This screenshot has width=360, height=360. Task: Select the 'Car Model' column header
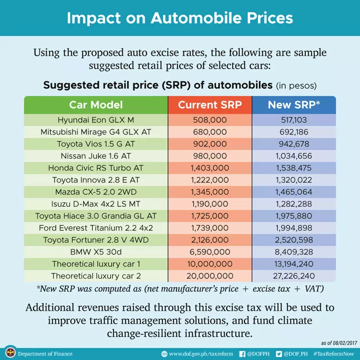click(96, 105)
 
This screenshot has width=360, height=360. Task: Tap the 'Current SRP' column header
click(210, 105)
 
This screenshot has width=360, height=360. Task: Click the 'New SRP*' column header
click(294, 105)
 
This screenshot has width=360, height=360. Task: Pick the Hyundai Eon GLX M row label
click(96, 120)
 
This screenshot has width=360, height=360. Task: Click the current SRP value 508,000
click(210, 120)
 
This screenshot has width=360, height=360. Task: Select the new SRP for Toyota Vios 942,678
click(294, 144)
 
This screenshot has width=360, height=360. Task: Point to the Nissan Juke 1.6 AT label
click(96, 156)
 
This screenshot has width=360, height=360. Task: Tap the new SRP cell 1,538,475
click(294, 168)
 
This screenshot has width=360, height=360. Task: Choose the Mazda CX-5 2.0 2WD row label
click(96, 192)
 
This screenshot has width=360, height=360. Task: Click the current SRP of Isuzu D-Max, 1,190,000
click(210, 204)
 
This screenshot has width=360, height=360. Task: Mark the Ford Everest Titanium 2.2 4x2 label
click(96, 228)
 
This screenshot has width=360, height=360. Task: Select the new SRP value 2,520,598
click(294, 240)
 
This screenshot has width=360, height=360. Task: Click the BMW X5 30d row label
click(96, 252)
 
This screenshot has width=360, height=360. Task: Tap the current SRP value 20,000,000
click(210, 276)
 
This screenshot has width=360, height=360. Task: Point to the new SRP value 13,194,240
click(294, 264)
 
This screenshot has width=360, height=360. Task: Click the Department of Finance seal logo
click(9, 353)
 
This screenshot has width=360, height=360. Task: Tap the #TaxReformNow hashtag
click(334, 354)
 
